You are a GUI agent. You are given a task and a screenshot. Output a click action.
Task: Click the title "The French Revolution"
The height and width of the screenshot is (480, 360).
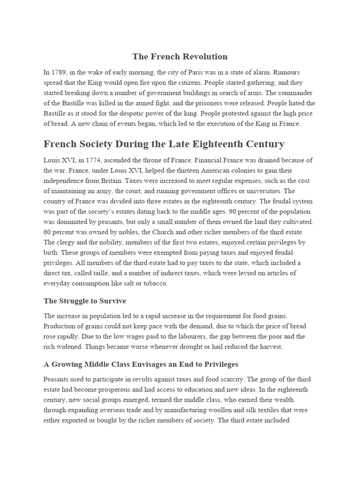180,57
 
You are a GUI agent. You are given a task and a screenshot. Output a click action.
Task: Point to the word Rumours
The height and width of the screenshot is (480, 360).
286,73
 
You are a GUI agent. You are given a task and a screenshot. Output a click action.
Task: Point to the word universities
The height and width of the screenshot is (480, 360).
263,191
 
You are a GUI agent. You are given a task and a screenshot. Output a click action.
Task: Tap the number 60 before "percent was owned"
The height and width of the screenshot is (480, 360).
49,232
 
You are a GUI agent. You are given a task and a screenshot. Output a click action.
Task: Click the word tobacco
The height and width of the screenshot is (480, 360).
154,284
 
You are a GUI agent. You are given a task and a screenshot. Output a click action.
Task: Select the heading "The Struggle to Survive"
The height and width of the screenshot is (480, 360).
85,301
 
